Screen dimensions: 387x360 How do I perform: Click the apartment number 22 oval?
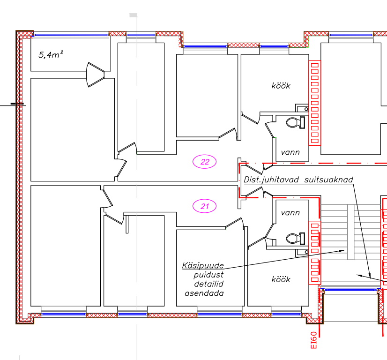click(204, 162)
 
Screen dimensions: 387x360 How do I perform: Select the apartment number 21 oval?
click(204, 206)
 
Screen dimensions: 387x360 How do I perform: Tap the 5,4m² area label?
click(51, 54)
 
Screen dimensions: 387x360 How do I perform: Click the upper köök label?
click(281, 86)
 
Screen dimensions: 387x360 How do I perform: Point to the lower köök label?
click(281, 279)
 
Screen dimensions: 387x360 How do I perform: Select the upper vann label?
click(290, 152)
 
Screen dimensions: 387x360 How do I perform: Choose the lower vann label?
click(290, 213)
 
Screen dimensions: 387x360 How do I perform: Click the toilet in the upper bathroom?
click(296, 122)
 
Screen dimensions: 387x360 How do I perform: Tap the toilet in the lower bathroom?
click(296, 239)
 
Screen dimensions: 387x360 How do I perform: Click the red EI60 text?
click(313, 340)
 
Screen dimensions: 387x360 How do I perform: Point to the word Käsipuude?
click(203, 265)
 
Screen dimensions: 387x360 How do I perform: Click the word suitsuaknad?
click(328, 180)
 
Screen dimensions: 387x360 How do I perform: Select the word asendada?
click(204, 293)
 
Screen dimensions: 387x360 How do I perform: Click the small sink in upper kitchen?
click(302, 108)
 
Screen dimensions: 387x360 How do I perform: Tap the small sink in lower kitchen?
click(302, 253)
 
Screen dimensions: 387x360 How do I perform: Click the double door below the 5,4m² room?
click(95, 75)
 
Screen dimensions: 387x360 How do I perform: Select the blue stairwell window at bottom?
click(350, 290)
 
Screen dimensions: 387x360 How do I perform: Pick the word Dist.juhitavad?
click(271, 180)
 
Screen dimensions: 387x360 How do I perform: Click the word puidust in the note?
click(208, 275)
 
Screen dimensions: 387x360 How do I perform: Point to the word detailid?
click(209, 284)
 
